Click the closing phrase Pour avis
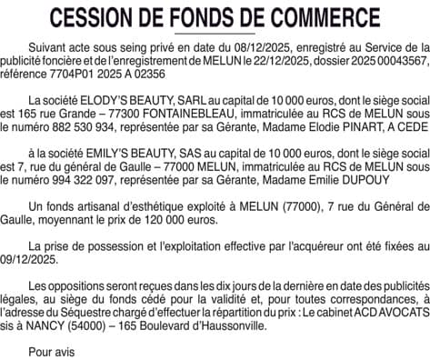click(x=52, y=351)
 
